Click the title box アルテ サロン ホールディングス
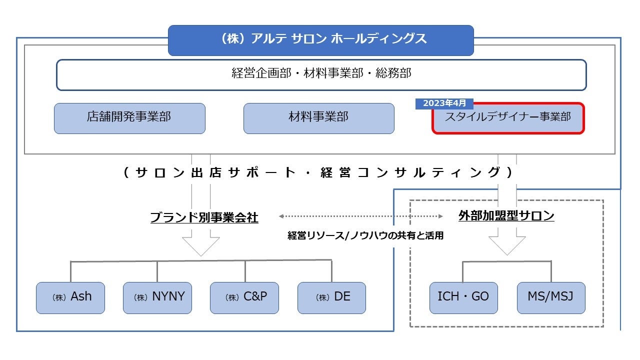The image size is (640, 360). (320, 40)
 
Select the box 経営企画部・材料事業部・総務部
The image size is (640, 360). (321, 75)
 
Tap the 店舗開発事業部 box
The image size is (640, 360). (129, 118)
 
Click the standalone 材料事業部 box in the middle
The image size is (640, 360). (318, 118)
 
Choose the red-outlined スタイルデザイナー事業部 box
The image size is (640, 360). (508, 119)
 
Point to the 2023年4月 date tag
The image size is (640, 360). (444, 103)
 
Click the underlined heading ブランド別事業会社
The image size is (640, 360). (204, 217)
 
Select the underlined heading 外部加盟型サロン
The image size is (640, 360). (506, 216)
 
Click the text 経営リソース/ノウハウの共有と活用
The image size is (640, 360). (365, 235)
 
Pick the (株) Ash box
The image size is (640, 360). (70, 297)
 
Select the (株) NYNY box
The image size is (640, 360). (157, 297)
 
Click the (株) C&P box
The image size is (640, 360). (244, 297)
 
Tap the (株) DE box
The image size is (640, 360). (331, 297)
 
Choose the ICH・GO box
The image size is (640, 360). (463, 297)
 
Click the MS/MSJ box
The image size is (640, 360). (551, 297)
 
